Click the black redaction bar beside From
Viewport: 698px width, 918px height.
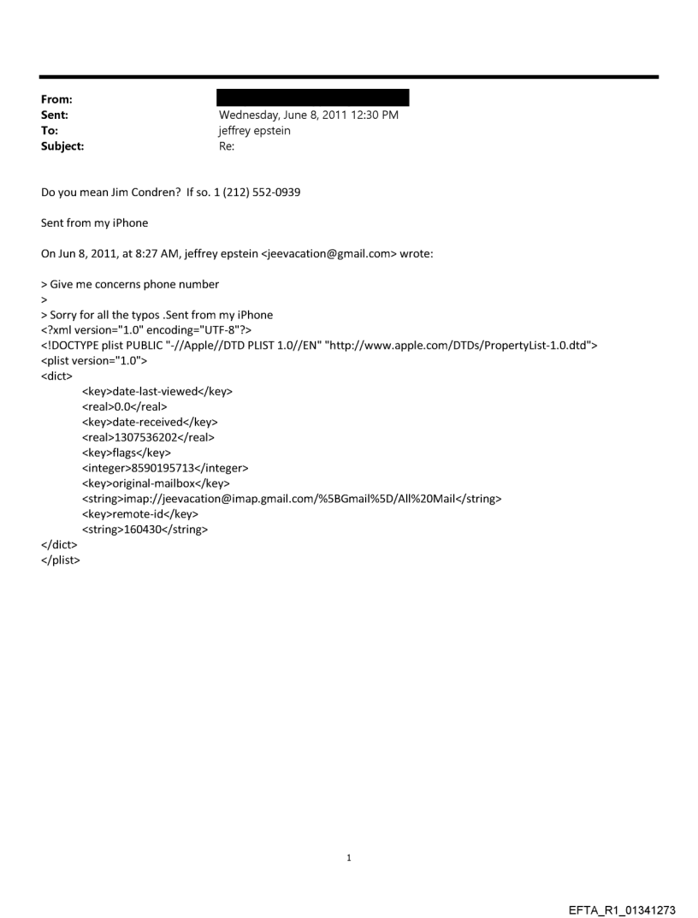(314, 98)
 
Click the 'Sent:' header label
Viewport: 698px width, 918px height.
(56, 115)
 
